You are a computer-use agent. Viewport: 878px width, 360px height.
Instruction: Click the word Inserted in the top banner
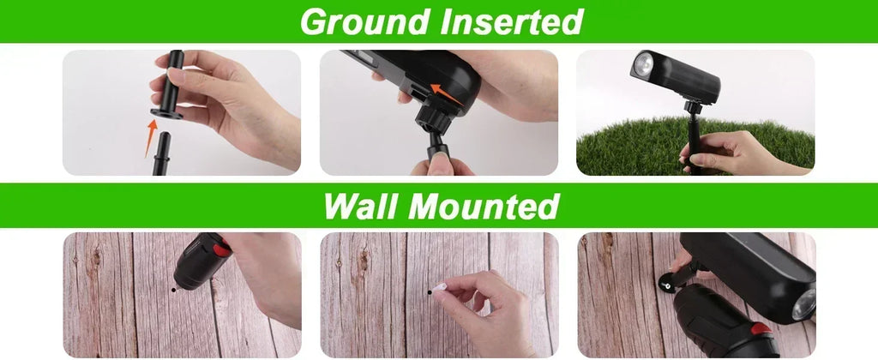[511, 21]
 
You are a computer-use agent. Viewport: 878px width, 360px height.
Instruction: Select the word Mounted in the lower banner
[484, 206]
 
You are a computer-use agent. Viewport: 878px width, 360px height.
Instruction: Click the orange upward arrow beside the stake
[150, 137]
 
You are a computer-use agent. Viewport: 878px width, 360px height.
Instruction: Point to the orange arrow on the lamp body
[447, 94]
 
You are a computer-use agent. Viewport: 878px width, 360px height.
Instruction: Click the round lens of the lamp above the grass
[643, 65]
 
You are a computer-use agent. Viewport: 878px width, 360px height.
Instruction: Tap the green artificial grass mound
[695, 147]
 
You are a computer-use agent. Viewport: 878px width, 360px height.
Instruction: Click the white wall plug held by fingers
[439, 288]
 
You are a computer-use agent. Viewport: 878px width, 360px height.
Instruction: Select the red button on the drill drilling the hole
[221, 248]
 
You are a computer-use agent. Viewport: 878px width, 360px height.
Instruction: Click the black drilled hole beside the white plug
[430, 291]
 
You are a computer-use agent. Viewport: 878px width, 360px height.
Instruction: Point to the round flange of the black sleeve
[166, 114]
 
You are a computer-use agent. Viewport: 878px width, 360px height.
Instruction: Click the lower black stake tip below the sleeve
[161, 153]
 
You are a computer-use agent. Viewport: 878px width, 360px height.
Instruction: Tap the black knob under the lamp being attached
[433, 118]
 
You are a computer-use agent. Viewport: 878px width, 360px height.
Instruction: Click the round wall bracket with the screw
[667, 285]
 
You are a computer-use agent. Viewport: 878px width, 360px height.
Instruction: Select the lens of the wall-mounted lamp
[804, 306]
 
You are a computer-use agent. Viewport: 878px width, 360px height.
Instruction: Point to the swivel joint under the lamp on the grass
[692, 106]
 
